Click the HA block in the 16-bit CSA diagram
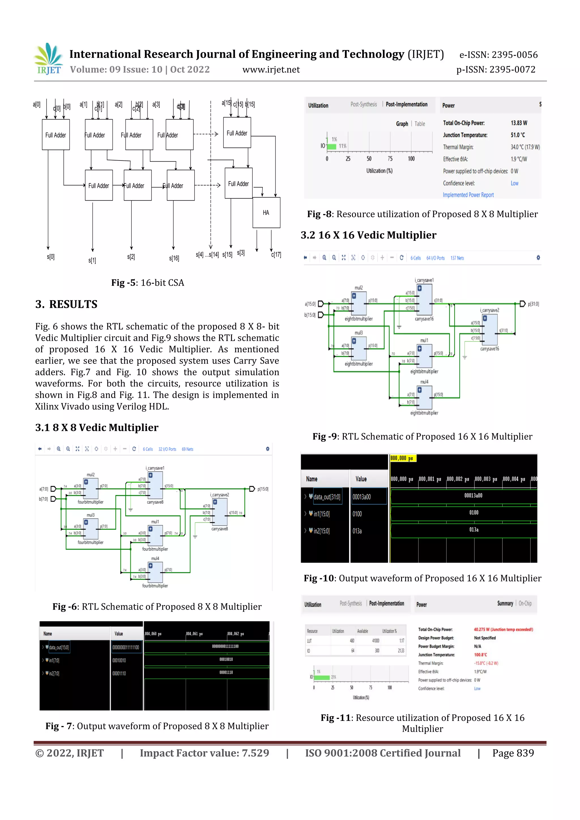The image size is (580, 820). coord(266,213)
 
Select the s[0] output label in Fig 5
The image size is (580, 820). coord(51,257)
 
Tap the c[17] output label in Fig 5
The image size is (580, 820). coord(276,255)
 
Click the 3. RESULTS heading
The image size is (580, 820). coord(67,304)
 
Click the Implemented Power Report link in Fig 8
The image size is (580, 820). coord(468,195)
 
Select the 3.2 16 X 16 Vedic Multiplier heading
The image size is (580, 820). coord(368,235)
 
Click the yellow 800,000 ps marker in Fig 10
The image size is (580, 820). coord(402,458)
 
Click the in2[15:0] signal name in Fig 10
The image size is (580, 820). coord(321,531)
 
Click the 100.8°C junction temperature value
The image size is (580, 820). coord(480,655)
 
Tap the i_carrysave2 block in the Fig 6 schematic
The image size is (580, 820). coord(220,511)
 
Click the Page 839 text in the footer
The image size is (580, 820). coord(513,753)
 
